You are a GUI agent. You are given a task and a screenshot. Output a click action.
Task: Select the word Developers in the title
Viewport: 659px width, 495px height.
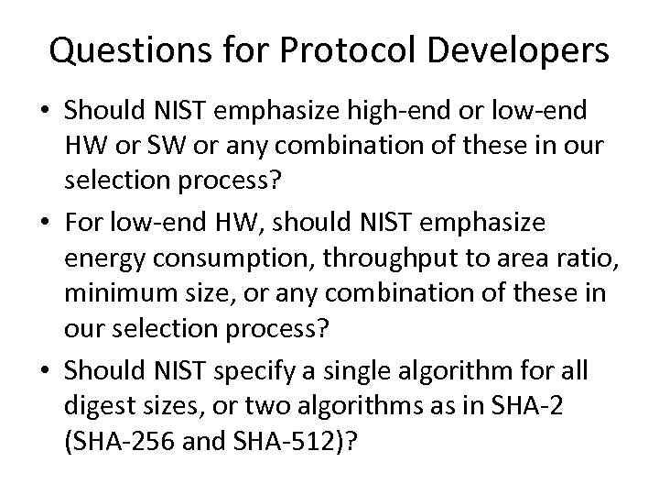click(x=524, y=51)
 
